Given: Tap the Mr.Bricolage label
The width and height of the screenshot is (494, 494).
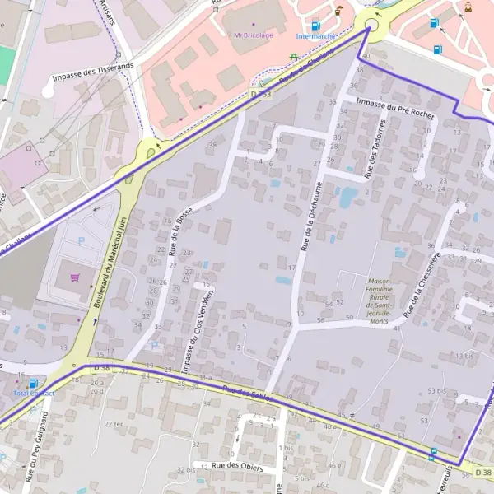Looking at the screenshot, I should [x=254, y=35].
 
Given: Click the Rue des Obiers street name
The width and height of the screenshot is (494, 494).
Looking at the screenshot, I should [x=237, y=466].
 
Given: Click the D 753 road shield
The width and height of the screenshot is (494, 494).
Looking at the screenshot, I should [x=261, y=96].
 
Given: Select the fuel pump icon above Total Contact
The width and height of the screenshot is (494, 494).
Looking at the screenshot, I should [x=32, y=384].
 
